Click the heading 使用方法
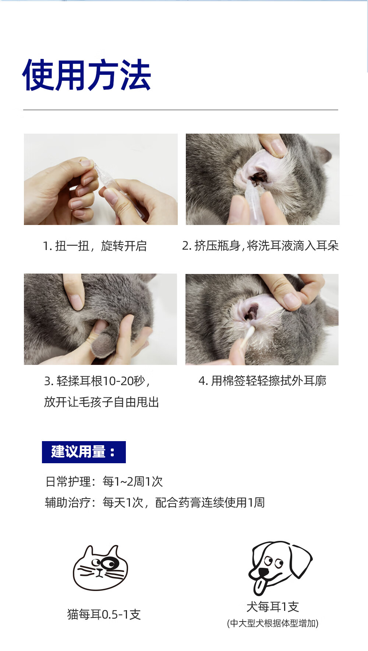pyautogui.click(x=86, y=75)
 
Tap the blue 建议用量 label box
pyautogui.click(x=84, y=452)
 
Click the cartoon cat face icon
pyautogui.click(x=100, y=567)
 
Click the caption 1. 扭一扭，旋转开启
pyautogui.click(x=95, y=246)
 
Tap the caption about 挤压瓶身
pyautogui.click(x=260, y=246)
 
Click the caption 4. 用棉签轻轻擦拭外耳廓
pyautogui.click(x=262, y=381)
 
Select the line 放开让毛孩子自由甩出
pyautogui.click(x=102, y=402)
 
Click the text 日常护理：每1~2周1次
pyautogui.click(x=104, y=481)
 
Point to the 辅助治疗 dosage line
pyautogui.click(x=155, y=502)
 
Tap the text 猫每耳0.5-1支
pyautogui.click(x=104, y=614)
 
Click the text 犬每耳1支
pyautogui.click(x=273, y=606)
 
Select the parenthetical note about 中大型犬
pyautogui.click(x=273, y=623)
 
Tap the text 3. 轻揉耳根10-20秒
pyautogui.click(x=97, y=381)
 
